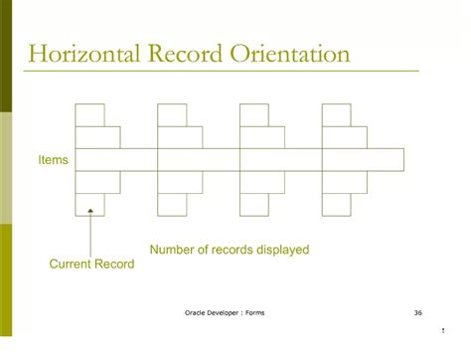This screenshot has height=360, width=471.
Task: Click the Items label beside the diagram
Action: (53, 159)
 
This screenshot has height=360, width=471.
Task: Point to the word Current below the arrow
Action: (71, 264)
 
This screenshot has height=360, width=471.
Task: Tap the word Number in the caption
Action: (172, 250)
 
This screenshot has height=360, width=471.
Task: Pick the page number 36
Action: (416, 312)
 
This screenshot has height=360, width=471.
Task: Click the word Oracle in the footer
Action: (197, 312)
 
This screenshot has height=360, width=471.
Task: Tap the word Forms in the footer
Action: (254, 312)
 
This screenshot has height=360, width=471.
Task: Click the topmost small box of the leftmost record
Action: (89, 114)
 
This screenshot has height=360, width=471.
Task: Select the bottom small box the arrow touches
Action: (89, 204)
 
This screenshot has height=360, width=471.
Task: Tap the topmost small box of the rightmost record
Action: (337, 114)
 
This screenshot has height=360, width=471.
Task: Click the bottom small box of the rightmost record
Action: (337, 204)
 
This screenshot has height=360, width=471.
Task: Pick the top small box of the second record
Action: (172, 114)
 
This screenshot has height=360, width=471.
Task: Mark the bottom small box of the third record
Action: (254, 204)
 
